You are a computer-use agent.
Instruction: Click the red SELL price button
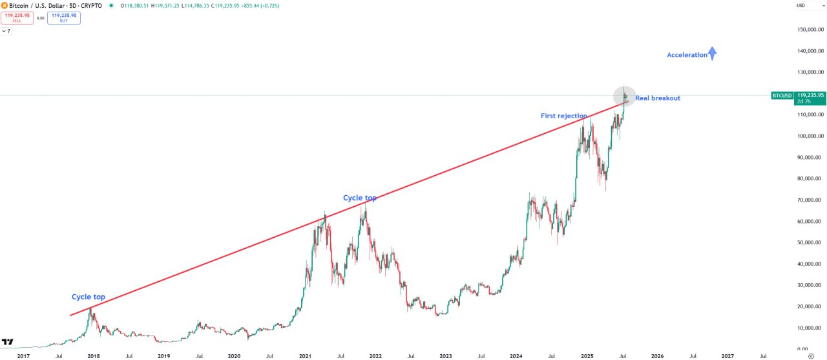coord(17,18)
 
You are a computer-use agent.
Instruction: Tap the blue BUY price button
coord(64,18)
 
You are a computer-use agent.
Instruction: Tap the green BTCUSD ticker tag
coord(782,96)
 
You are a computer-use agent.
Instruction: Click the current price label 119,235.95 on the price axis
coord(811,95)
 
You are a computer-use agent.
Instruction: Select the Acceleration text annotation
coord(687,55)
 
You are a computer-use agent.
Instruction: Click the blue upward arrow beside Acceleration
coord(712,54)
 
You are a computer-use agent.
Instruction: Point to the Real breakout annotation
coord(657,98)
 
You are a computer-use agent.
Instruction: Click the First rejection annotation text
coord(563,116)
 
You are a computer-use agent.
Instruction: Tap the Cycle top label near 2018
coord(88,297)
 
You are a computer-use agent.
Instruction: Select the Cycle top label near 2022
coord(359,198)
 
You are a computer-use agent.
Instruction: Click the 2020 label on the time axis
coord(234,355)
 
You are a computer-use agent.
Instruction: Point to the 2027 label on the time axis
coord(728,355)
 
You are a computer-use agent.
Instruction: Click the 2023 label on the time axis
coord(445,355)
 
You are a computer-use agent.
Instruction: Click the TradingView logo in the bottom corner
coord(8,342)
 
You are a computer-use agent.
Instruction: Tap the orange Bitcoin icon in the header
coord(5,5)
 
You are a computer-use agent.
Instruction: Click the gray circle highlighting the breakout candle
coord(624,96)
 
